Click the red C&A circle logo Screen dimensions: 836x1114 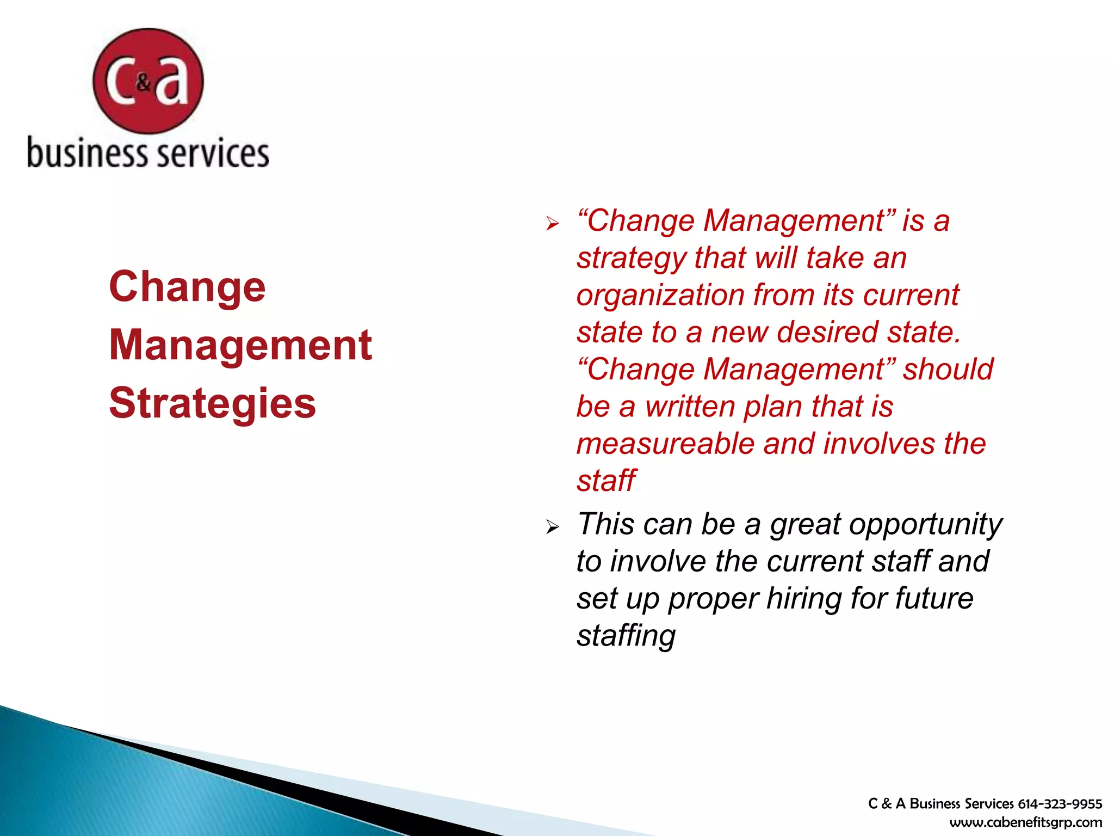click(148, 81)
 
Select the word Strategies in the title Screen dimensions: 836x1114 click(212, 404)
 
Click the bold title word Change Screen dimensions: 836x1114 click(187, 287)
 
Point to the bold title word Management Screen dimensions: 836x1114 click(240, 345)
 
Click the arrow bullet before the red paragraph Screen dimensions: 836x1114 click(552, 223)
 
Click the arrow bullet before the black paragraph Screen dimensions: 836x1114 click(552, 526)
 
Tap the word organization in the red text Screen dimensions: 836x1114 click(660, 296)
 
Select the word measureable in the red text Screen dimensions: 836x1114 click(665, 444)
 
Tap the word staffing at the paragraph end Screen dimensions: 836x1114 click(626, 636)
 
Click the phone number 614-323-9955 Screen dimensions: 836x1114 click(1060, 804)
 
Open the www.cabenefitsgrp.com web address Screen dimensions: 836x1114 click(1025, 822)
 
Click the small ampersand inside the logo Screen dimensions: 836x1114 click(143, 83)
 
